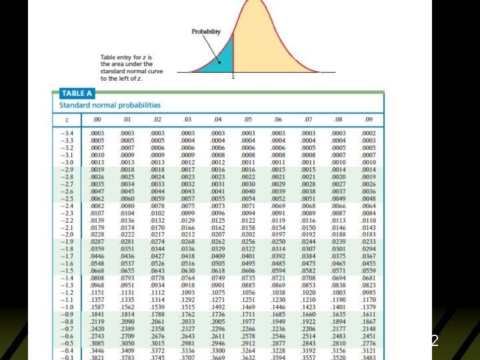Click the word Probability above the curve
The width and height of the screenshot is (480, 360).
pos(206,31)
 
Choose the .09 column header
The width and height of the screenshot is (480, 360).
pos(368,119)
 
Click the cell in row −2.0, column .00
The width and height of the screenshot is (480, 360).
pos(97,234)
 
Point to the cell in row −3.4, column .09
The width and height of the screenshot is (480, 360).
pos(368,134)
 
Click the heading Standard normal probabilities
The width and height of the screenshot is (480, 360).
pos(110,105)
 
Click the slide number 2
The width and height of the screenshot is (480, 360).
pos(435,340)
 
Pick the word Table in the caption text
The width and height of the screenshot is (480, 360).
pos(107,57)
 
